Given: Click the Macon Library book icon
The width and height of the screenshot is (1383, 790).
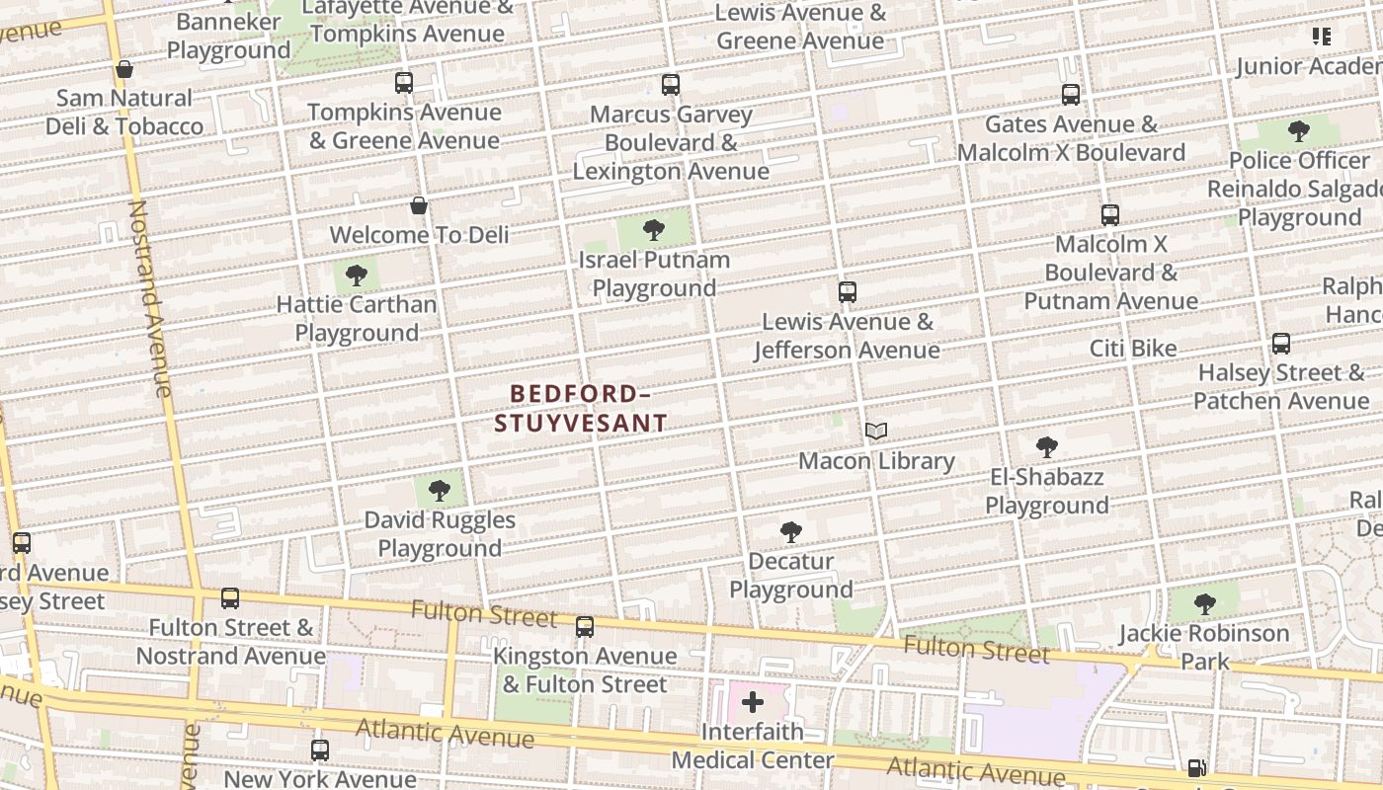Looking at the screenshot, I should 876,431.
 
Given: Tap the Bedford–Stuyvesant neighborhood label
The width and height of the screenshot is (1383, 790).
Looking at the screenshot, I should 580,409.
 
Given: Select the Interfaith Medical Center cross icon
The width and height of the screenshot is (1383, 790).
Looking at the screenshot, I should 753,702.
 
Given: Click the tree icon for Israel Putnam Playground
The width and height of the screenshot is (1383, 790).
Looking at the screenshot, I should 653,231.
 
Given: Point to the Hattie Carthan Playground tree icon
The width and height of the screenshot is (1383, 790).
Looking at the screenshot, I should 357,276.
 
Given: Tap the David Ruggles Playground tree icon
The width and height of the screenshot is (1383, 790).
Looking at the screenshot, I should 440,491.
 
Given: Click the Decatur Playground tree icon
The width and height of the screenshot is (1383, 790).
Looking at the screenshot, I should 790,532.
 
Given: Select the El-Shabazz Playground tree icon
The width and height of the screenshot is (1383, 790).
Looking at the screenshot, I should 1047,447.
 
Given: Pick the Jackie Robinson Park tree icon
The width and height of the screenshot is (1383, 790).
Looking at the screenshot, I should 1204,604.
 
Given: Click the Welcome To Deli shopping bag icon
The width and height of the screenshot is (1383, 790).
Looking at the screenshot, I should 419,205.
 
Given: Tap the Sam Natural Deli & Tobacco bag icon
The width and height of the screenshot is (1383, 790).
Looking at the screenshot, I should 124,69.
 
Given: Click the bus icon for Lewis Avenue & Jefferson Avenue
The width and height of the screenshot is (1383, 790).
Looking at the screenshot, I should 847,292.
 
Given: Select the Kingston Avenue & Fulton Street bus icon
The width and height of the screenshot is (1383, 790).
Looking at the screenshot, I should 585,627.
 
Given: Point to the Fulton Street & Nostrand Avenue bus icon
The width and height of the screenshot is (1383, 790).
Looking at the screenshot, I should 230,598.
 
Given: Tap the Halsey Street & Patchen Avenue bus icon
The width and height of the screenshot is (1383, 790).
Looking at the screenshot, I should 1281,344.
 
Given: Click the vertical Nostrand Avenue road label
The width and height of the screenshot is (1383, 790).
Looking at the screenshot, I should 151,298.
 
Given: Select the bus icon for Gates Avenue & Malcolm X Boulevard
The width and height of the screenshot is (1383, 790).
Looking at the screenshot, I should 1071,95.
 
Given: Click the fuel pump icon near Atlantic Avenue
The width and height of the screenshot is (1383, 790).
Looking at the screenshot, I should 1196,767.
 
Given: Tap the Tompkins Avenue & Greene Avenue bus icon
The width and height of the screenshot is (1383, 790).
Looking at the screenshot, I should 404,83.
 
